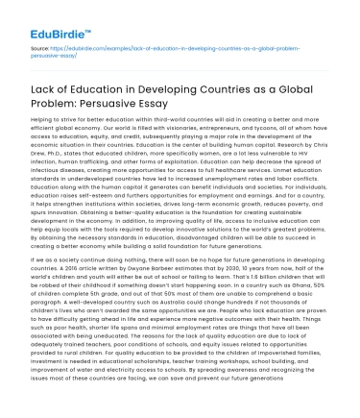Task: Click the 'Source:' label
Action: [36, 44]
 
